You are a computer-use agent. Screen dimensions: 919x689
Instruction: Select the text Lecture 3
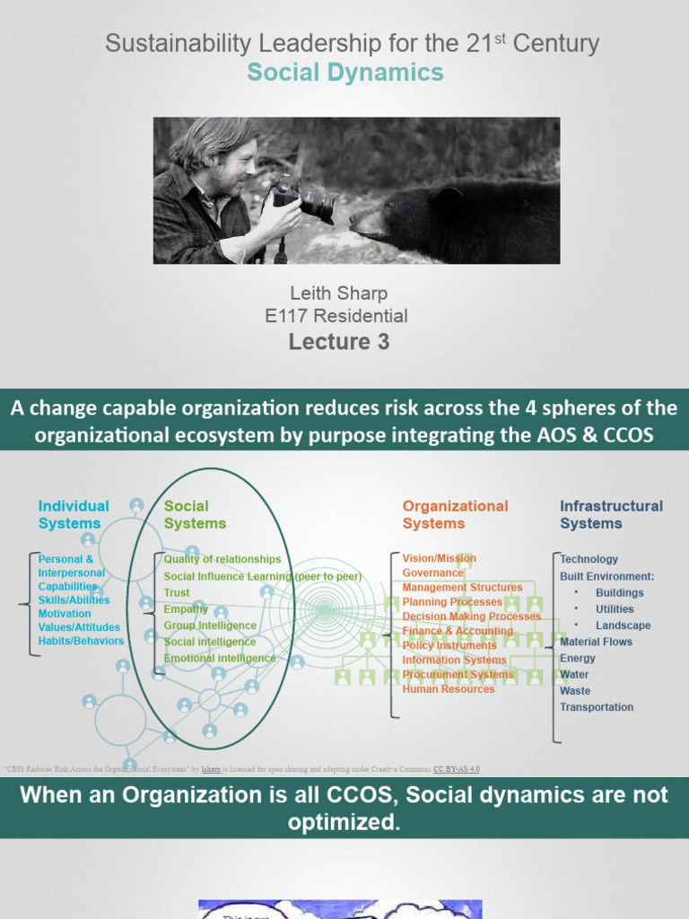tap(338, 342)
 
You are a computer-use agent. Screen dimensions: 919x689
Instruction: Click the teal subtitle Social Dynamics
tap(345, 73)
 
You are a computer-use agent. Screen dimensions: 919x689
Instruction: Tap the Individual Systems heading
tap(74, 514)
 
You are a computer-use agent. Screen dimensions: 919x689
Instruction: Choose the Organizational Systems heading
tap(455, 514)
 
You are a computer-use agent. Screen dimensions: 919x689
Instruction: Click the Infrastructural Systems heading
tap(611, 514)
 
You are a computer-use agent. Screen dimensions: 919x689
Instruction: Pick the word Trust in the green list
tap(177, 593)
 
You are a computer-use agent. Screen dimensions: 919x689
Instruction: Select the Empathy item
tap(186, 609)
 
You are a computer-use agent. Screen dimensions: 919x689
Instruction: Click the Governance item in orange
tap(433, 573)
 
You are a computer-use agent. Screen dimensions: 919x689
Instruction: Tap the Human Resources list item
tap(449, 689)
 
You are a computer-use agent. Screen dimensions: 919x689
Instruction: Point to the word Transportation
tap(597, 707)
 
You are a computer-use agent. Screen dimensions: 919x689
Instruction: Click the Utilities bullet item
tap(615, 609)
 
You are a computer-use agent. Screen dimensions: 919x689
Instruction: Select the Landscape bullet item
tap(623, 626)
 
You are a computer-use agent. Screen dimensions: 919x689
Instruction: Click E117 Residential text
tap(336, 316)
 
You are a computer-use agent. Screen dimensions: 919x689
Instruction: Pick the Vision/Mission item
tap(440, 558)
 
